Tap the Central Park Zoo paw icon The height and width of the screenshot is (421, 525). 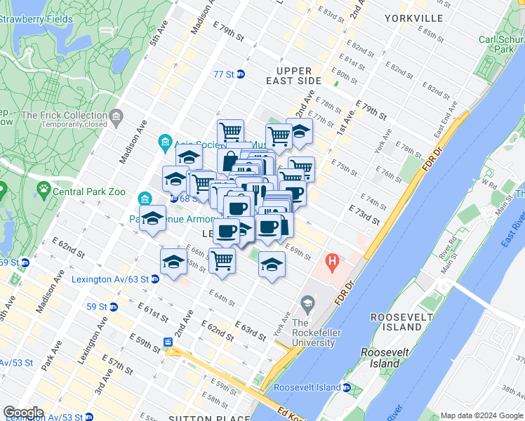coord(44,188)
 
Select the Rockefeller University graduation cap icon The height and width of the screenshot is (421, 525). coord(307,304)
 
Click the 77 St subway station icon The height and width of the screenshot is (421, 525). coord(240,74)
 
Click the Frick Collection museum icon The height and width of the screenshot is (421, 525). coord(117,115)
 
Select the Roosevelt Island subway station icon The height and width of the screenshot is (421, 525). coord(347,387)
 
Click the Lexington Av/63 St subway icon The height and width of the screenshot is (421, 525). coord(155,279)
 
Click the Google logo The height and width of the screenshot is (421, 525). coord(23,413)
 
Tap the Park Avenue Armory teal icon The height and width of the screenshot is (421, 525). coord(146,199)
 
